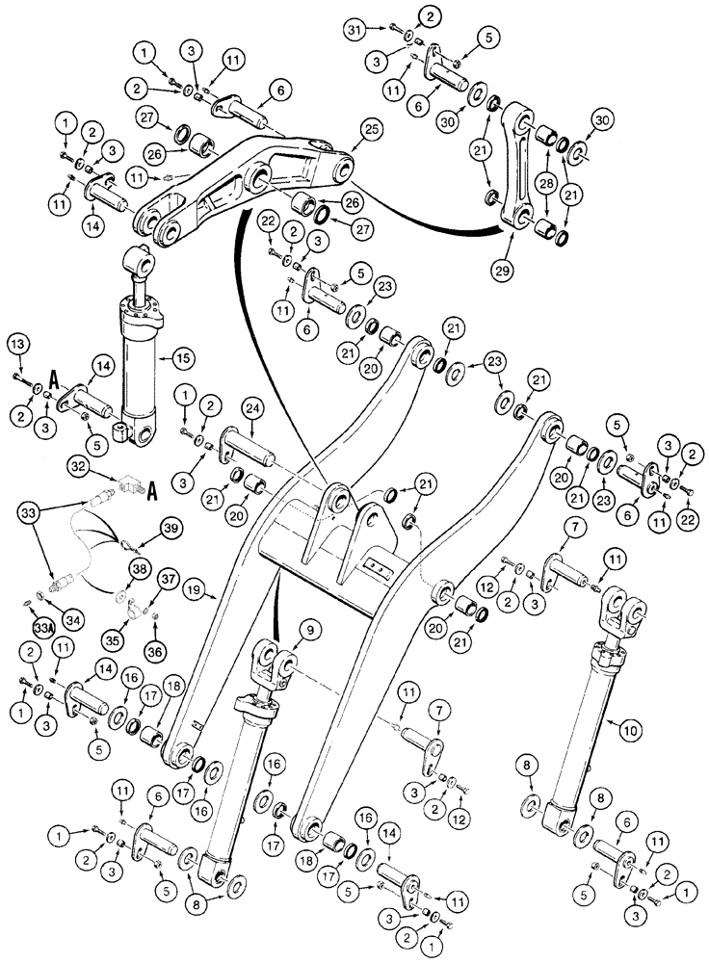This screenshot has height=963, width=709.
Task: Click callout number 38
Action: pos(140,570)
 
